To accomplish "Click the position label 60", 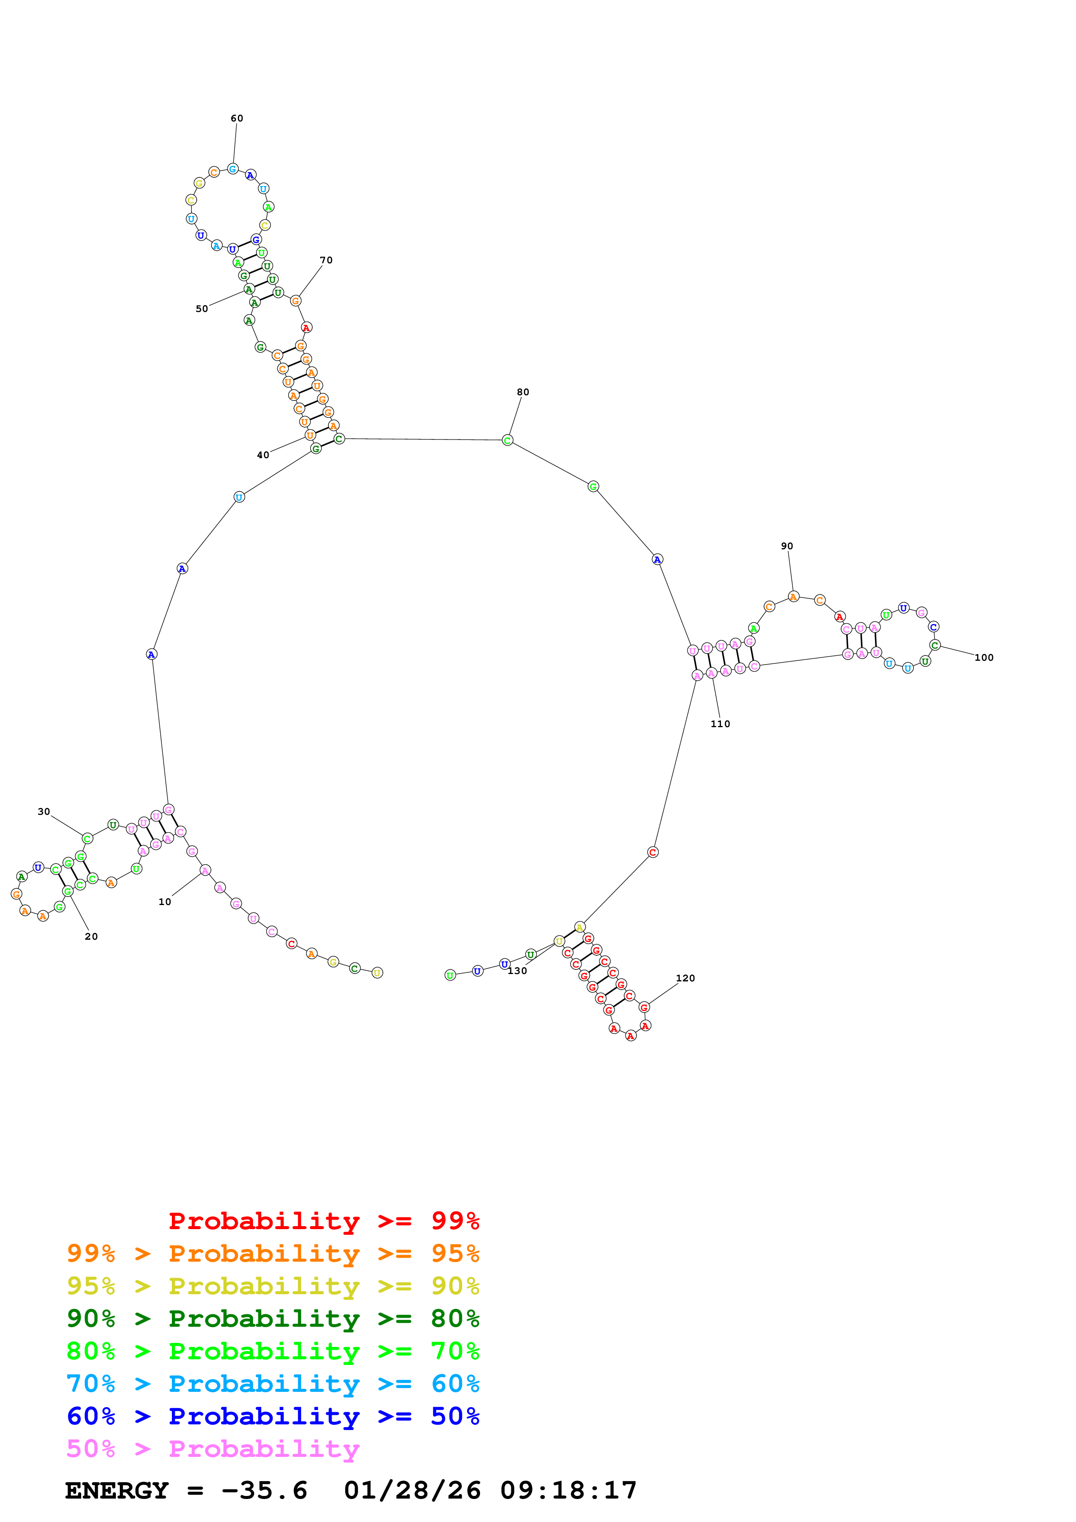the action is click(237, 118).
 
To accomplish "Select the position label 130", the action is click(517, 971).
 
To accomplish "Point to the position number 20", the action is click(92, 937).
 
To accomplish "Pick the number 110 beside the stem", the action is click(720, 724).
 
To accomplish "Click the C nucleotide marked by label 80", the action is click(507, 440).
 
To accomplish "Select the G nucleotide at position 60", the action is click(233, 169).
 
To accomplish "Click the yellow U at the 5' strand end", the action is click(377, 972).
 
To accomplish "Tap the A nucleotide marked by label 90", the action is click(793, 597).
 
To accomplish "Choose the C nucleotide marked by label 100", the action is click(935, 645).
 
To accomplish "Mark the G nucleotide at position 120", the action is click(644, 1007).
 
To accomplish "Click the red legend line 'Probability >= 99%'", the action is click(323, 1221).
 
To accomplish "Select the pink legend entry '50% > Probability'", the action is click(213, 1449).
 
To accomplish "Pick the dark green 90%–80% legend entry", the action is click(273, 1319).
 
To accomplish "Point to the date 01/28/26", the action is click(412, 1491).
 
